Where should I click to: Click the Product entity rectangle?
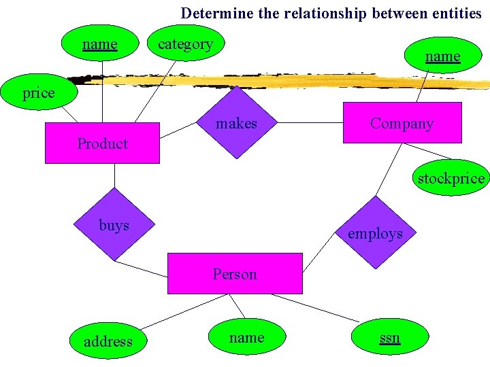(x=102, y=143)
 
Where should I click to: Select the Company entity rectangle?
(x=402, y=123)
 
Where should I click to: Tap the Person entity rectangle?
(x=235, y=274)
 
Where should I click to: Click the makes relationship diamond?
(x=236, y=124)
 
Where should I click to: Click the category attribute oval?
(x=185, y=44)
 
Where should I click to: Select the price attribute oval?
(x=39, y=93)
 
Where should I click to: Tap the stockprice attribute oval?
(x=451, y=178)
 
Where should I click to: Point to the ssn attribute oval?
(x=390, y=338)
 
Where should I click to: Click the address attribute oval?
(x=108, y=341)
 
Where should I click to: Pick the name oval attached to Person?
(x=246, y=337)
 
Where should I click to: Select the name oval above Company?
(x=442, y=56)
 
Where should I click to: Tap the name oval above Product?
(x=100, y=44)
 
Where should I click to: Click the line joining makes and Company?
(x=309, y=123)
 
